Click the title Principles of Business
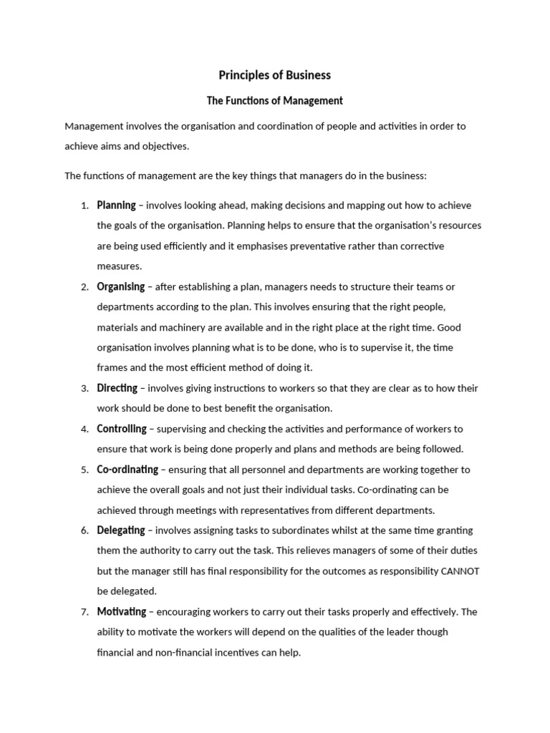point(275,75)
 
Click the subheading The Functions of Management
point(275,101)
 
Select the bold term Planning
point(116,205)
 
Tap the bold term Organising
point(121,287)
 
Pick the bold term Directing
point(117,389)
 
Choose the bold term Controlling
point(122,429)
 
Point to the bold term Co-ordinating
point(127,470)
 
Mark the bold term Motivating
point(122,612)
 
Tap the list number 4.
point(85,429)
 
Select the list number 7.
point(85,612)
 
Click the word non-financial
point(172,653)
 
